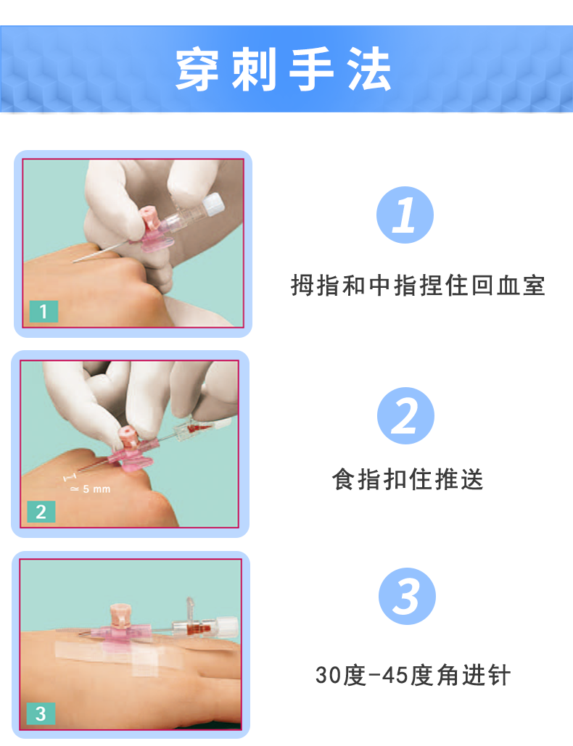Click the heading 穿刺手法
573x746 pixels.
[284, 70]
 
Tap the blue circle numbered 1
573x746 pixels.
[405, 215]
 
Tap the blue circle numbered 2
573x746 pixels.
[405, 415]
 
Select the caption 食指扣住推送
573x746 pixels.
[408, 479]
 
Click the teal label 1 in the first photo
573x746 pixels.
[44, 312]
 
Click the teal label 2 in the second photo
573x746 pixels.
[41, 512]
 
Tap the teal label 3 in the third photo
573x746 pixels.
[41, 713]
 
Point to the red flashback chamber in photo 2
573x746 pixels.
[198, 433]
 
